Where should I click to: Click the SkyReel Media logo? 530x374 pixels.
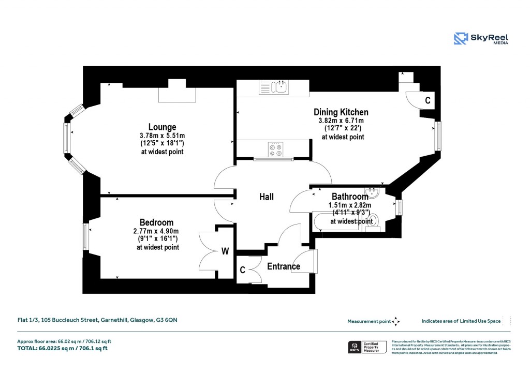(x=481, y=39)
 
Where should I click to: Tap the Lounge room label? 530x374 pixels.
(x=162, y=127)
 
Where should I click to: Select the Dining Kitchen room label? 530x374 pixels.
(x=341, y=112)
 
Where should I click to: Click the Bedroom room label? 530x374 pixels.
(x=156, y=222)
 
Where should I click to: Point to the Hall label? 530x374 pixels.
(x=266, y=197)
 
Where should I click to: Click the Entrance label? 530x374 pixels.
(x=283, y=267)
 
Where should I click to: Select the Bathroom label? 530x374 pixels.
(x=350, y=197)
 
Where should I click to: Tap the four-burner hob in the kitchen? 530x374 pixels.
(x=275, y=149)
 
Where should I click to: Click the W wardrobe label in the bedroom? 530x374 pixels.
(x=225, y=252)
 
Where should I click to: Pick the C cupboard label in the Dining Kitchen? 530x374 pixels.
(x=428, y=100)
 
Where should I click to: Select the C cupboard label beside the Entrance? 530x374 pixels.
(x=242, y=270)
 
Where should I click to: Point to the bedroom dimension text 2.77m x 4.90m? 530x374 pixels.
(x=157, y=231)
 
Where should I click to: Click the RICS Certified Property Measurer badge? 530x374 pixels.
(x=367, y=347)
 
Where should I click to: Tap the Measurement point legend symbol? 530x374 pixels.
(x=396, y=321)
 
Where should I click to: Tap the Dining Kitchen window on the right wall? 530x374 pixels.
(x=438, y=136)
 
